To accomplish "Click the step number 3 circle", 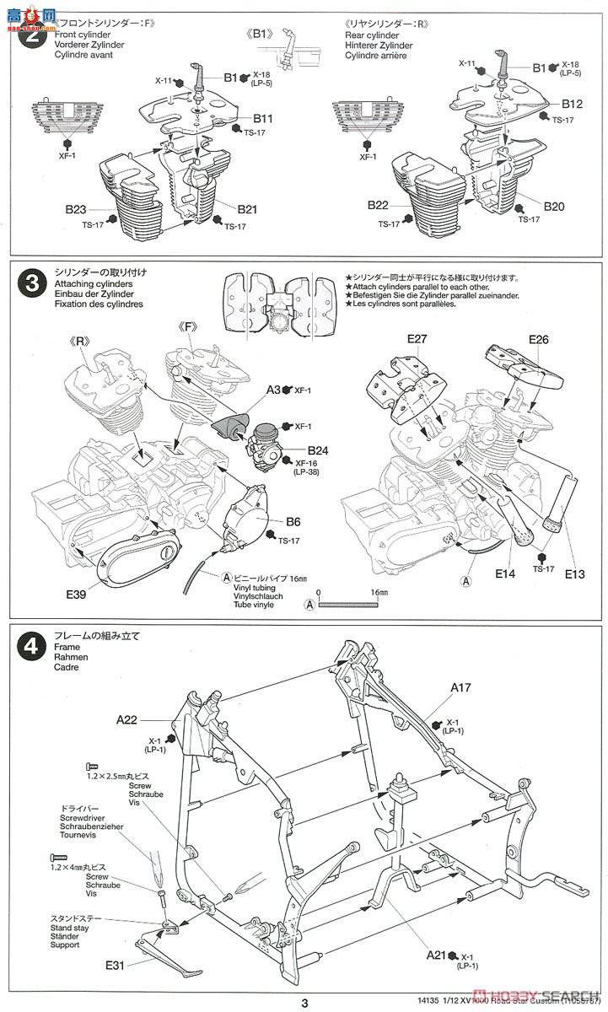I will pyautogui.click(x=32, y=283).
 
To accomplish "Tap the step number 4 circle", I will pyautogui.click(x=32, y=647).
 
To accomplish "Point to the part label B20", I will pyautogui.click(x=554, y=206).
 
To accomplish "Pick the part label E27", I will pyautogui.click(x=418, y=339).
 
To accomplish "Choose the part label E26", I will pyautogui.click(x=539, y=339).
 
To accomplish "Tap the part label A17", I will pyautogui.click(x=460, y=687).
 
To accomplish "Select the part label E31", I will pyautogui.click(x=117, y=962).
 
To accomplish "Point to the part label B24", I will pyautogui.click(x=317, y=451).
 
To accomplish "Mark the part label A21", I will pyautogui.click(x=436, y=955).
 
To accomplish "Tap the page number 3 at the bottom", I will pyautogui.click(x=304, y=1002).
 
